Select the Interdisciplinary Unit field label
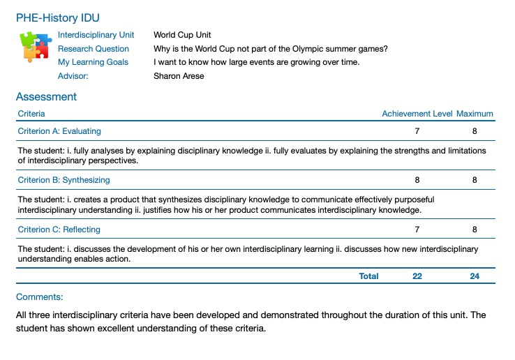(x=96, y=35)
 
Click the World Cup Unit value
(x=182, y=35)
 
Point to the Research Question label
(x=94, y=49)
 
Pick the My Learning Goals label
(x=93, y=62)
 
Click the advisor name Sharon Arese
(x=179, y=76)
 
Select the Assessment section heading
(x=46, y=97)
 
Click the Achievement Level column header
(x=417, y=114)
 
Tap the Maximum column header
(x=475, y=114)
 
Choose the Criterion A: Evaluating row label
(x=59, y=131)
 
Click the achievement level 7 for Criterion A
(x=417, y=131)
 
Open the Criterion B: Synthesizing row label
(x=64, y=180)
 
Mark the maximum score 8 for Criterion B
(x=475, y=180)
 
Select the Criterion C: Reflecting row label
(x=59, y=230)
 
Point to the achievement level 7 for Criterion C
(x=417, y=230)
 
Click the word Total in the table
(x=368, y=276)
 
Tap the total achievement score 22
(x=417, y=276)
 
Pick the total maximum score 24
(x=475, y=276)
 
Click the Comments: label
(x=40, y=297)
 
